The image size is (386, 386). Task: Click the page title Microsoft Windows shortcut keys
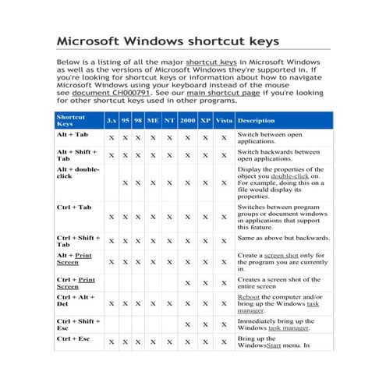click(x=167, y=41)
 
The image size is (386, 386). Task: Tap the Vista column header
click(x=223, y=121)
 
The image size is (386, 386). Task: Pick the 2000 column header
click(x=187, y=121)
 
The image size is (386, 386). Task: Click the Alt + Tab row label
click(x=73, y=135)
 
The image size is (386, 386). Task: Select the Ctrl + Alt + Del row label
click(x=76, y=301)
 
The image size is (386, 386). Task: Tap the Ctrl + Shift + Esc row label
click(x=78, y=324)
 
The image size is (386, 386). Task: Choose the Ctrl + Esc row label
click(x=73, y=339)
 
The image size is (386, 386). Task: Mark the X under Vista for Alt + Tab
click(x=223, y=137)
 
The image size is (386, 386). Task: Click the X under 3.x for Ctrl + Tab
click(x=112, y=217)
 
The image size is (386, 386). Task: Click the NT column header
click(x=168, y=121)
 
